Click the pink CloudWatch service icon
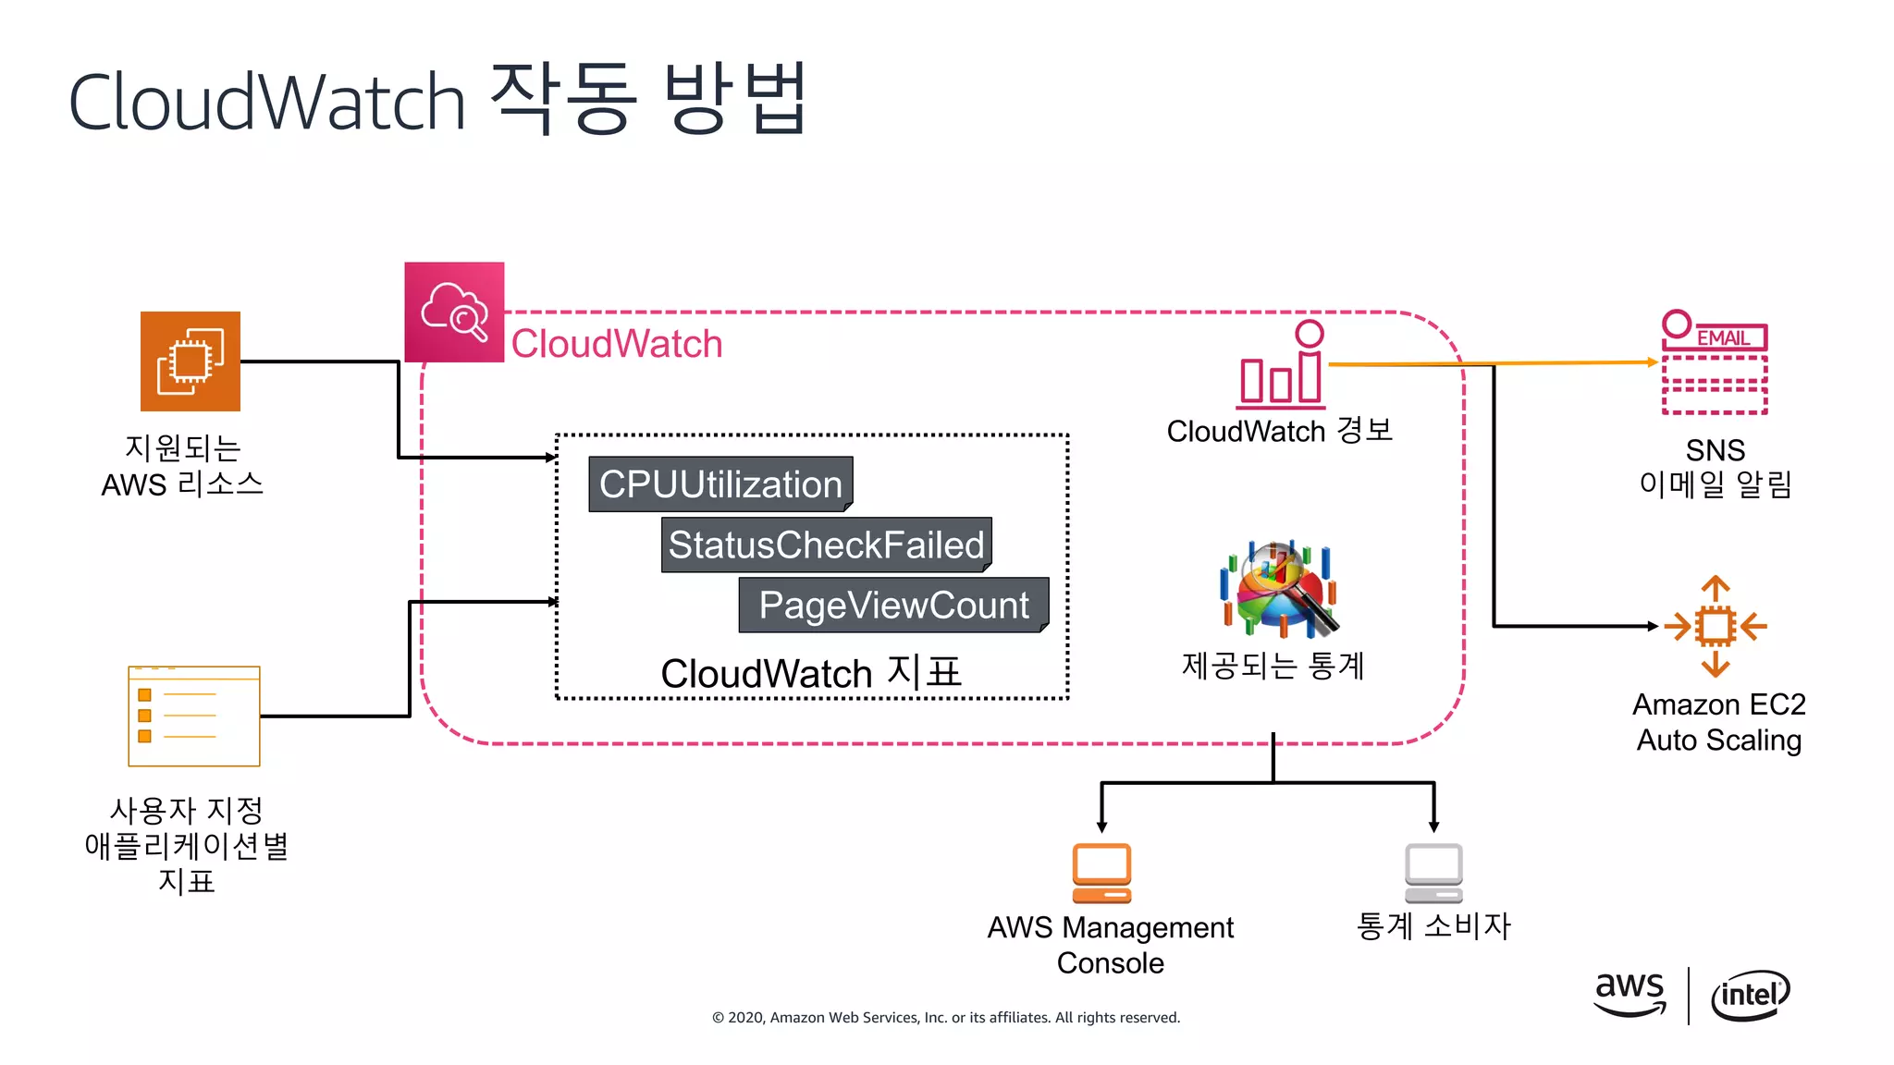coord(454,312)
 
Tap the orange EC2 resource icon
coord(190,361)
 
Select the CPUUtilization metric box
coord(720,484)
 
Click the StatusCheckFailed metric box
coord(826,545)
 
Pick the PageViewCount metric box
coord(893,606)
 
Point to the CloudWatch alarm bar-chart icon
coord(1282,366)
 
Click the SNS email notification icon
coord(1715,363)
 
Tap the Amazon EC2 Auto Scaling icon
coord(1715,626)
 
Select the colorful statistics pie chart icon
coord(1279,590)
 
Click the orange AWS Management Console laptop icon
coord(1101,873)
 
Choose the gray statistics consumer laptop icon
coord(1433,873)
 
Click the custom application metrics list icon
coord(194,716)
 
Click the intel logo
coord(1750,995)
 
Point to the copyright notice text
coord(945,1017)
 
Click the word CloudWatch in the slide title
coord(266,102)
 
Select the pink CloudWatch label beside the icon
coord(616,344)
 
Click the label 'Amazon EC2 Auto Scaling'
coord(1718,722)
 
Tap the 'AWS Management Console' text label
coord(1110,944)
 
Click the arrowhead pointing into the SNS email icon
coord(1653,362)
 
